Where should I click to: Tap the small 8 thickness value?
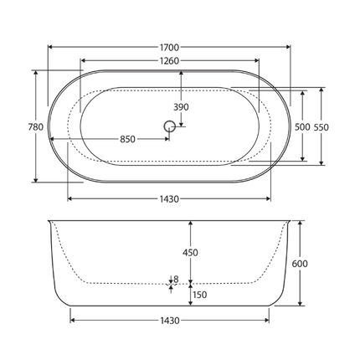click(175, 279)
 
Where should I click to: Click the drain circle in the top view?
click(169, 126)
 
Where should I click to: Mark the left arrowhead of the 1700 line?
click(49, 48)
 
